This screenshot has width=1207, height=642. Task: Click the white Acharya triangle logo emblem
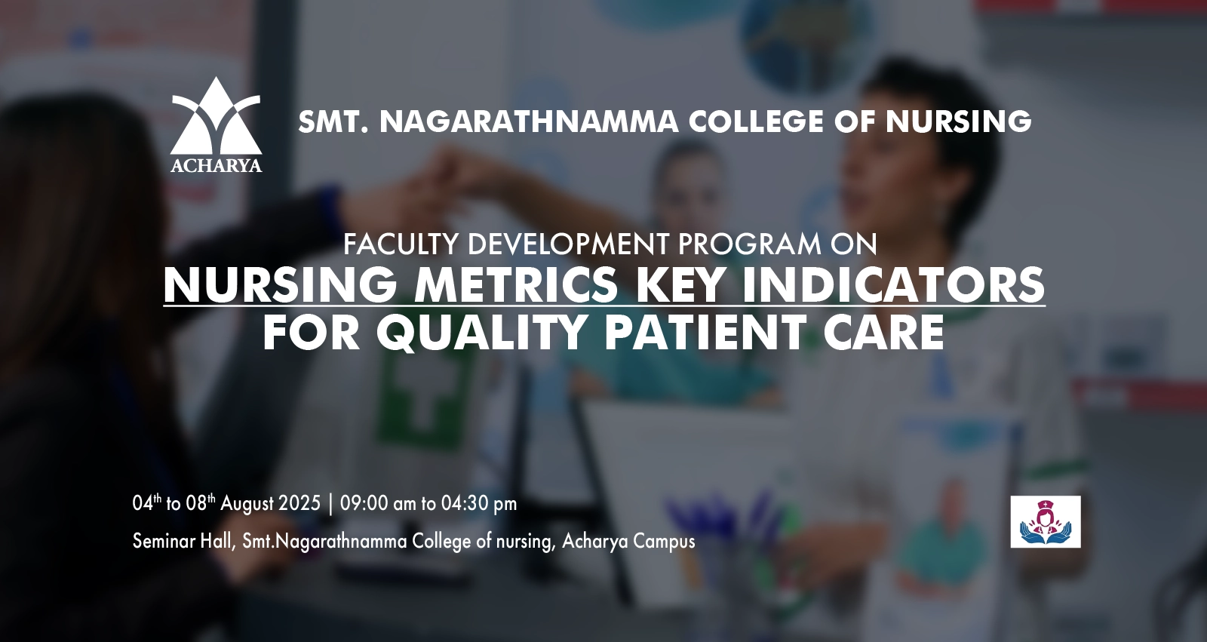[216, 115]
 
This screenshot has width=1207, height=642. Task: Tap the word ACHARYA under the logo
[216, 165]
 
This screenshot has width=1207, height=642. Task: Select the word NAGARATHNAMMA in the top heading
[529, 121]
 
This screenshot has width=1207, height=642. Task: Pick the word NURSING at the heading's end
[958, 121]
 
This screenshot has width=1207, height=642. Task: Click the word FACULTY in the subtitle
[401, 244]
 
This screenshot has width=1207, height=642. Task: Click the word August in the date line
[247, 505]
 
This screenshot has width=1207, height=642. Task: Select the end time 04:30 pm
[479, 503]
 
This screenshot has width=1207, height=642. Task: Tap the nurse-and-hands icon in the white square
[1046, 522]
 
